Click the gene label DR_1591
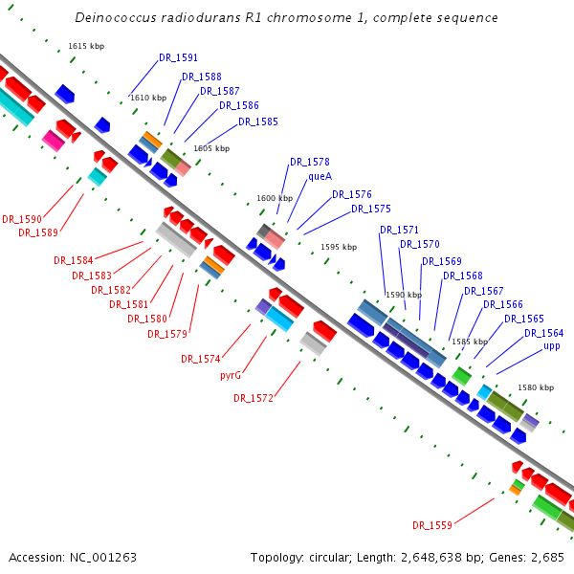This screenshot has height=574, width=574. click(x=178, y=57)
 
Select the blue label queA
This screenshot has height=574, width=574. click(x=320, y=176)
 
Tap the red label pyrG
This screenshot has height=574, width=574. click(x=231, y=375)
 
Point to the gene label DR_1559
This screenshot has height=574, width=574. click(x=431, y=525)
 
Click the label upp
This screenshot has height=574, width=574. click(x=552, y=345)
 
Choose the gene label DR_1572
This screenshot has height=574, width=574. click(x=254, y=398)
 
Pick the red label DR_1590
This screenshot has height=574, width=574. click(x=22, y=219)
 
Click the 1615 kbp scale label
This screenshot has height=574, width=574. click(x=86, y=46)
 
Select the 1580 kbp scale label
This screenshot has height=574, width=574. click(x=535, y=387)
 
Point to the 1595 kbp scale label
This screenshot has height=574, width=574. click(x=339, y=247)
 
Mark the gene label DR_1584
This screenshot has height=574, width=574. click(x=74, y=260)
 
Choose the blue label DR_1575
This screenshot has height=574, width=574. click(x=370, y=209)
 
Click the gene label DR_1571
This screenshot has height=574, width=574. click(x=399, y=230)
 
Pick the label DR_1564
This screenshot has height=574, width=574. click(x=543, y=333)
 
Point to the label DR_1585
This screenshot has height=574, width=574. click(x=258, y=121)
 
